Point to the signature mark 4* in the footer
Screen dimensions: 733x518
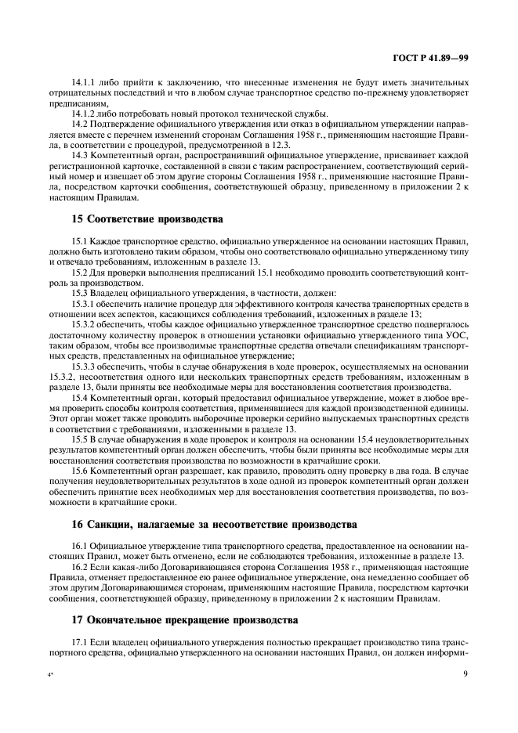coord(52,673)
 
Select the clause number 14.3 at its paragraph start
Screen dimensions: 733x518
coord(80,154)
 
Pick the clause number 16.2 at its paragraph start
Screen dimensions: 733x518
coord(80,565)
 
